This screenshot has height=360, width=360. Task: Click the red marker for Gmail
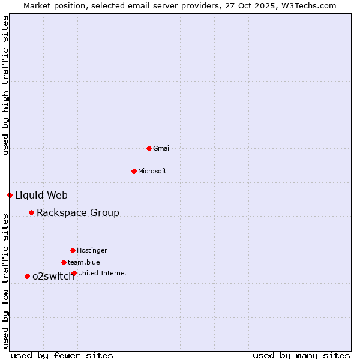tap(149, 148)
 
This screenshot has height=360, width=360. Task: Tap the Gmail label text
tap(162, 148)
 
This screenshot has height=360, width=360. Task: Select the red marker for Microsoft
tap(134, 171)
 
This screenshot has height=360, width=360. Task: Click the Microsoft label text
tap(152, 171)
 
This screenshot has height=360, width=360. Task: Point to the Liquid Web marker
tap(10, 195)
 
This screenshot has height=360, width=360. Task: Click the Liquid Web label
tap(41, 195)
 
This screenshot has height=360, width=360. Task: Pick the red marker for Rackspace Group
tap(31, 212)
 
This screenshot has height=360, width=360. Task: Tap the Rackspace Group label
tap(77, 212)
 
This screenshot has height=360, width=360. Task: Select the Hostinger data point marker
tap(73, 250)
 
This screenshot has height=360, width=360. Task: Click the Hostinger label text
tap(92, 250)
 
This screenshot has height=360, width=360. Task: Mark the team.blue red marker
tap(64, 262)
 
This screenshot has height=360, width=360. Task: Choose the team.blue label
tap(83, 262)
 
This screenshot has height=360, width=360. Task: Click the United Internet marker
tap(74, 273)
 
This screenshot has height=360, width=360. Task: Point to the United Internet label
tap(102, 273)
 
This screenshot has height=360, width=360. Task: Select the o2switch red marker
tap(27, 276)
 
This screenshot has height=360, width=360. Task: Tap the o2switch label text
tap(53, 276)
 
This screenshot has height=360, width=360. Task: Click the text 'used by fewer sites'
tap(62, 355)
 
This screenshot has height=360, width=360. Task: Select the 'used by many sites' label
tap(301, 355)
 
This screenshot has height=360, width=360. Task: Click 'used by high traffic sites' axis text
tap(5, 85)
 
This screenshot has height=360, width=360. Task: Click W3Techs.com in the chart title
tap(309, 5)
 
